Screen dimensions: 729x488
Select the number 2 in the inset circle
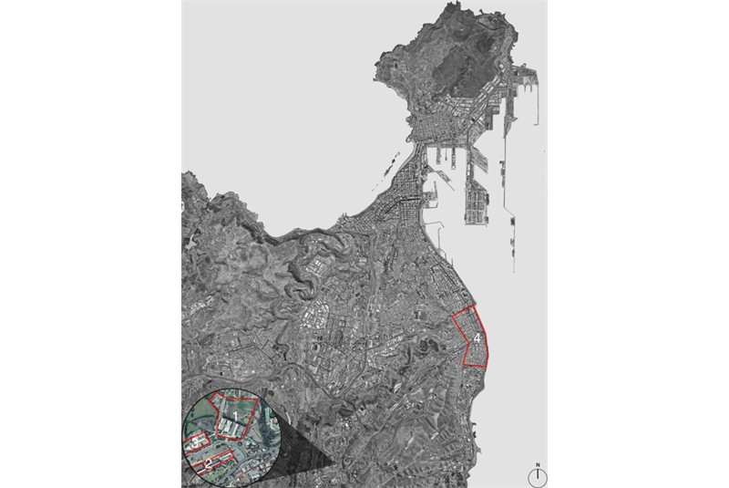(x=208, y=463)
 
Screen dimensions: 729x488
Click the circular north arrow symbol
(x=538, y=477)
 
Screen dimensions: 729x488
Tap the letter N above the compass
(x=538, y=466)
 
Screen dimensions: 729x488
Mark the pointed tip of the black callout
(x=334, y=467)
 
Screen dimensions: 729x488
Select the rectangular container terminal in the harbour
(x=477, y=201)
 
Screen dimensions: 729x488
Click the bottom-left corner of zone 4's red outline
(x=465, y=364)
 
